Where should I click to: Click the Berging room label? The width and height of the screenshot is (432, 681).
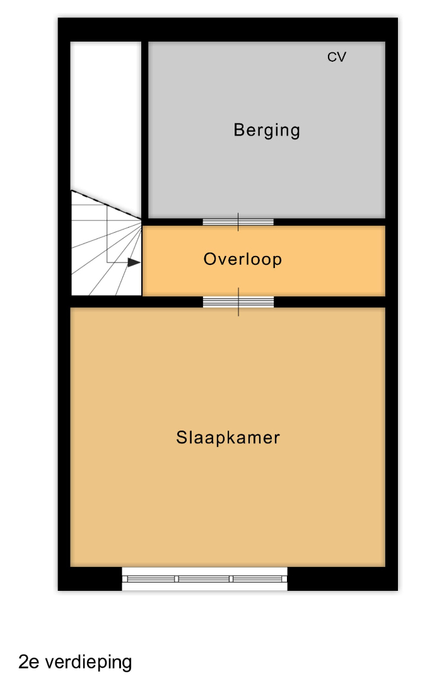(x=267, y=131)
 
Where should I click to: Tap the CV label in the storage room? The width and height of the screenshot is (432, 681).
(x=337, y=57)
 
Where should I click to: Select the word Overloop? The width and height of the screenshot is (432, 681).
(x=243, y=259)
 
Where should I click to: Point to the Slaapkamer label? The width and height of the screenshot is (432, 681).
(x=228, y=438)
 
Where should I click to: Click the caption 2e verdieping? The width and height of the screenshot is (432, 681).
(x=75, y=661)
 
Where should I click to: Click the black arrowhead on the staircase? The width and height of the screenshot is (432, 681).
(x=134, y=262)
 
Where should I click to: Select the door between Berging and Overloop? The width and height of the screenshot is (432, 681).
(x=238, y=222)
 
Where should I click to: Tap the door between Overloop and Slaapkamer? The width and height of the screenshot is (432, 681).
(x=238, y=301)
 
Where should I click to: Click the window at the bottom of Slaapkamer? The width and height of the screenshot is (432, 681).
(x=204, y=578)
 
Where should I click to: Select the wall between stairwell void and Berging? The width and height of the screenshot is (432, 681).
(x=145, y=131)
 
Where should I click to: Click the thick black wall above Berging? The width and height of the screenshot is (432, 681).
(x=228, y=30)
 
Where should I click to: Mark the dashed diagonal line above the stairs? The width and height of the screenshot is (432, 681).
(x=107, y=204)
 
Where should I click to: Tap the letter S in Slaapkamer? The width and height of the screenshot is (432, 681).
(x=181, y=438)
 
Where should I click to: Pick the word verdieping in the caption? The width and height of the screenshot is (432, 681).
(x=88, y=662)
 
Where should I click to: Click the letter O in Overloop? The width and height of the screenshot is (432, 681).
(x=210, y=259)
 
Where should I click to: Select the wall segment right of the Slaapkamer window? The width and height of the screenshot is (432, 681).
(x=342, y=578)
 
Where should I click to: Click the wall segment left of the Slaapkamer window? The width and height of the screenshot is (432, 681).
(x=90, y=578)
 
